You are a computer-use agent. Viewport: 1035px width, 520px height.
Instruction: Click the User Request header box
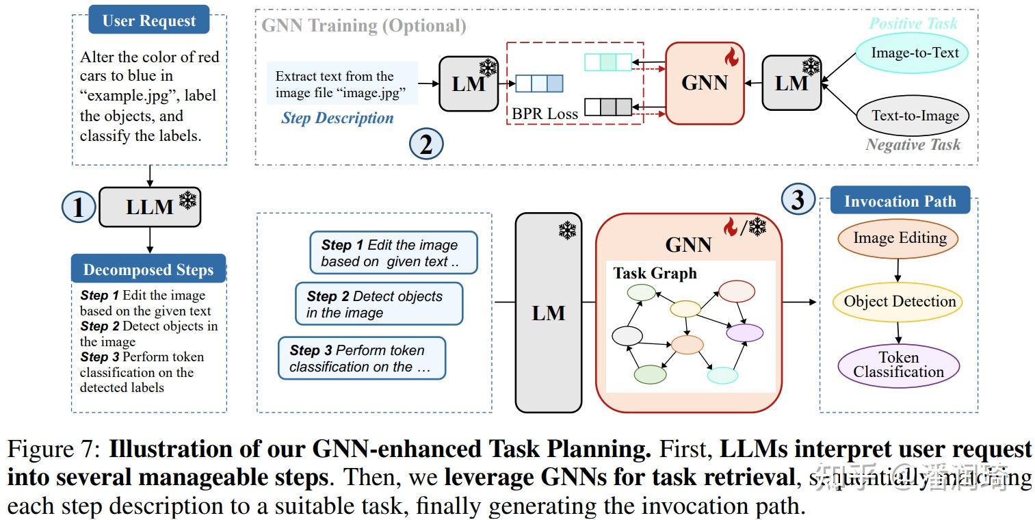pyautogui.click(x=148, y=21)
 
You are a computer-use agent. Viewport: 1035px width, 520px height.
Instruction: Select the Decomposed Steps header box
pyautogui.click(x=148, y=270)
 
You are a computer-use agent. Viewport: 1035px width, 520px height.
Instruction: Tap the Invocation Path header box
pyautogui.click(x=900, y=201)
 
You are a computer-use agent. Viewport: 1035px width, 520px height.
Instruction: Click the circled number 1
pyautogui.click(x=79, y=207)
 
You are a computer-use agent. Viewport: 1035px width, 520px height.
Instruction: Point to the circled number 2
pyautogui.click(x=426, y=144)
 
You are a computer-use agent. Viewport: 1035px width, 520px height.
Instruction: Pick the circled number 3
pyautogui.click(x=798, y=200)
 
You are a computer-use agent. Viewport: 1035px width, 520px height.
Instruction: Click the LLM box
pyautogui.click(x=150, y=207)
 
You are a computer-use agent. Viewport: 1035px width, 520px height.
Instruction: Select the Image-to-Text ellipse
pyautogui.click(x=915, y=53)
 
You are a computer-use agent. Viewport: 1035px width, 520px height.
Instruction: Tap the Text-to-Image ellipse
pyautogui.click(x=915, y=116)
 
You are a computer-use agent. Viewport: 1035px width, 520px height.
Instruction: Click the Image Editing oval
pyautogui.click(x=899, y=239)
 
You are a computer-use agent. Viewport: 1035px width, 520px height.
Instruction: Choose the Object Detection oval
pyautogui.click(x=899, y=302)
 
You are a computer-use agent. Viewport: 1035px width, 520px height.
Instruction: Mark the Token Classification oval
pyautogui.click(x=898, y=365)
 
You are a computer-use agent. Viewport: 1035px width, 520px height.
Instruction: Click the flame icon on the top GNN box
pyautogui.click(x=731, y=57)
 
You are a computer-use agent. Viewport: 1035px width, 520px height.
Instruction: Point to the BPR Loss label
pyautogui.click(x=545, y=114)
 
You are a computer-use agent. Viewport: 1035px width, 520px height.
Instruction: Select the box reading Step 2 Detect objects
pyautogui.click(x=379, y=304)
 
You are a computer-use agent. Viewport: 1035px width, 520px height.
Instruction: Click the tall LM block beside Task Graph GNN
pyautogui.click(x=549, y=313)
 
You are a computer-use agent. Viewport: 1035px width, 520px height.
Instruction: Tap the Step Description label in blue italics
pyautogui.click(x=337, y=118)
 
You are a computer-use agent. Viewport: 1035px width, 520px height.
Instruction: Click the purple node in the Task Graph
pyautogui.click(x=744, y=333)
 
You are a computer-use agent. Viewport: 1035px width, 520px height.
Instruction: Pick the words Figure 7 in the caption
pyautogui.click(x=53, y=450)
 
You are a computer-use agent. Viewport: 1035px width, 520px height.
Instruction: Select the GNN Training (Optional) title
pyautogui.click(x=364, y=26)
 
